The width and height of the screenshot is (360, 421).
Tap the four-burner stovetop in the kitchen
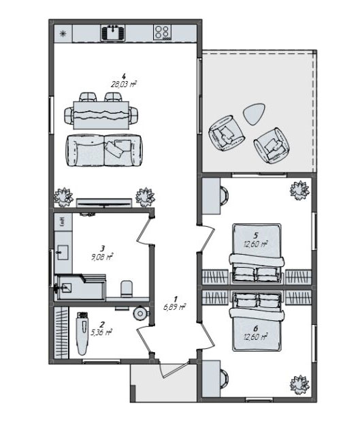pos(162,31)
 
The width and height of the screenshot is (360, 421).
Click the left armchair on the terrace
pos(225,134)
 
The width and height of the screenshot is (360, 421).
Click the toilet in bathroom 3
pos(127,289)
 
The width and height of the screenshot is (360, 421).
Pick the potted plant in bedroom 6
pos(298,381)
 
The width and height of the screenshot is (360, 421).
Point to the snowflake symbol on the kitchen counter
pos(63,33)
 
